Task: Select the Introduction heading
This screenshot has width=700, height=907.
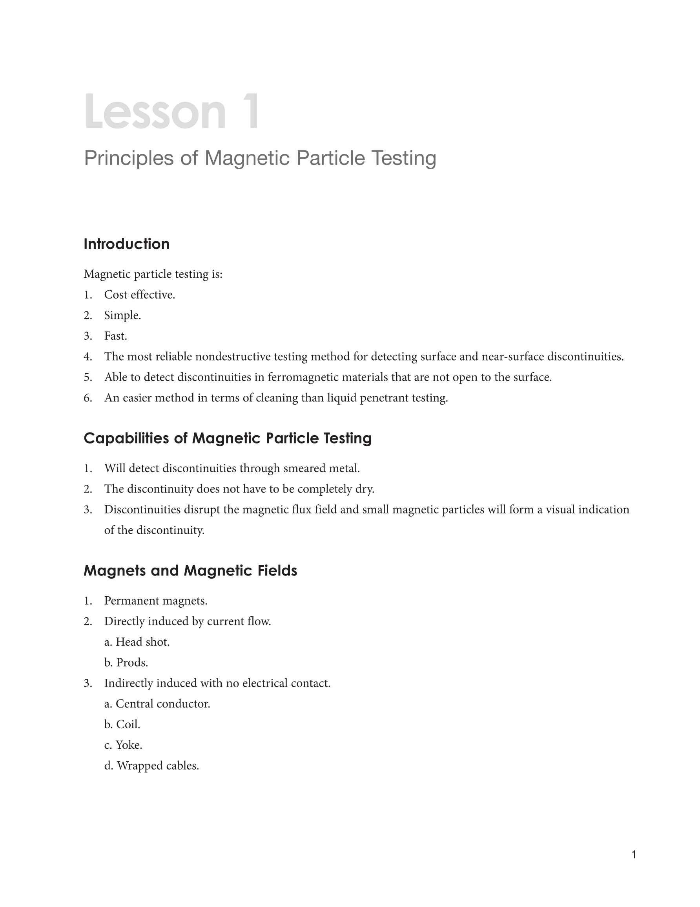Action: (127, 244)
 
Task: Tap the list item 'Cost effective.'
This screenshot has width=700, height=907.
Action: (139, 295)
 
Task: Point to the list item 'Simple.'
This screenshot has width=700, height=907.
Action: (122, 315)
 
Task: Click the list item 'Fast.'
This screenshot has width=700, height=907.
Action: (115, 336)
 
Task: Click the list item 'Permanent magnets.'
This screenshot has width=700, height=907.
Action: (156, 601)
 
